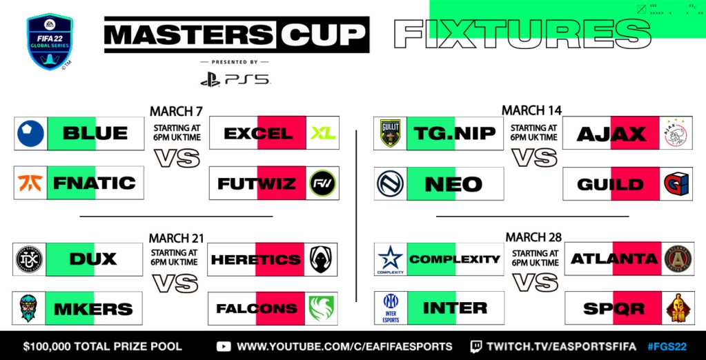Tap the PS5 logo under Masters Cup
pos(235,79)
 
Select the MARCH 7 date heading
pos(175,110)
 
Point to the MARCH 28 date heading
pos(532,237)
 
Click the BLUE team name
pos(96,133)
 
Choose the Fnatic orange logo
pos(30,183)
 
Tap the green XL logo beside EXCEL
pos(322,133)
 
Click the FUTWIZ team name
pos(257,183)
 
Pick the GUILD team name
pos(610,183)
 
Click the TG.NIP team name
pos(454,133)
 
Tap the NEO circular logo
pos(391,183)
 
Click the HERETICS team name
pos(256,259)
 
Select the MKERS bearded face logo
pos(30,308)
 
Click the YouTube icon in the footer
pos(224,346)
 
